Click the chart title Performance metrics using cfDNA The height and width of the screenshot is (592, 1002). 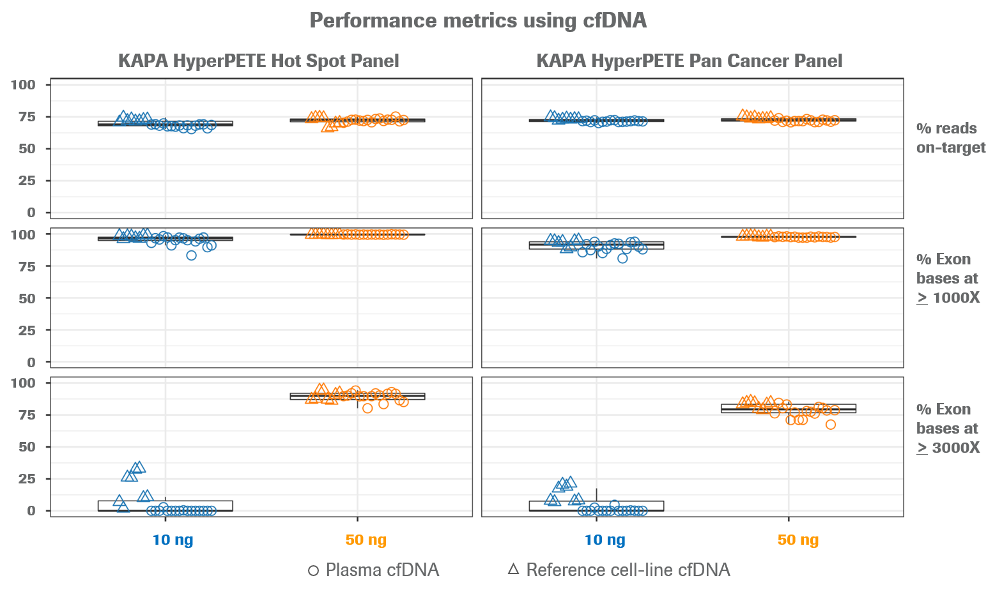(x=478, y=20)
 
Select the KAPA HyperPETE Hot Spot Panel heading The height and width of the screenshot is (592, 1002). (x=259, y=61)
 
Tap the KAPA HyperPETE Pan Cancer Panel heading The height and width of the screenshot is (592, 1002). (x=690, y=61)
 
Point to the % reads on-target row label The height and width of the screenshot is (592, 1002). (x=950, y=138)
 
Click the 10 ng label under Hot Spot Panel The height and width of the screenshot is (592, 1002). (x=173, y=540)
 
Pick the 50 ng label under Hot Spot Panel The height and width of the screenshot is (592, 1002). (x=366, y=540)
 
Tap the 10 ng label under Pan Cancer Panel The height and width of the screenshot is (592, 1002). (x=605, y=540)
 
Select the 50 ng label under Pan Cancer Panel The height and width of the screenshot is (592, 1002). (x=798, y=540)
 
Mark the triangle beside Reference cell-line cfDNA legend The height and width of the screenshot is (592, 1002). (x=513, y=569)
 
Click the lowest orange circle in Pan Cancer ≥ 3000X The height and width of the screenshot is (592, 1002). (x=831, y=425)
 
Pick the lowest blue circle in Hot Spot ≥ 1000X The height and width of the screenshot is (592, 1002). (x=191, y=255)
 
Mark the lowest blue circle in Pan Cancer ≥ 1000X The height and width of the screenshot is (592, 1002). (x=622, y=258)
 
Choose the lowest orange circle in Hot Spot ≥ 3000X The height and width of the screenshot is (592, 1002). (x=367, y=408)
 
